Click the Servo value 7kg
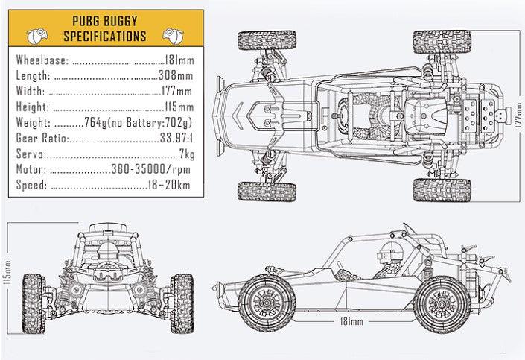186,154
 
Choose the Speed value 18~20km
170,186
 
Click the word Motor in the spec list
32,170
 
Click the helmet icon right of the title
172,35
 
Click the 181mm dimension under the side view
351,321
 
